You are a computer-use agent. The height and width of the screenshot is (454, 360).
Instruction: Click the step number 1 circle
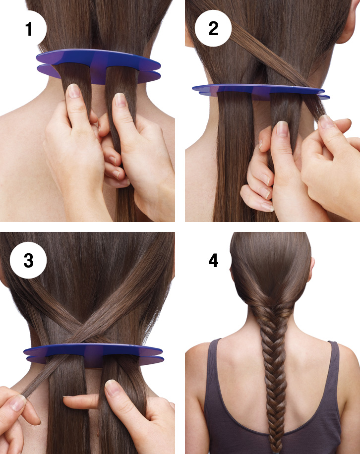click(x=28, y=29)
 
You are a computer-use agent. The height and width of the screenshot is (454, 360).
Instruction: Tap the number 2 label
click(x=213, y=29)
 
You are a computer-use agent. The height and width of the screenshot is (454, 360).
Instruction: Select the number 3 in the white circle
click(x=28, y=260)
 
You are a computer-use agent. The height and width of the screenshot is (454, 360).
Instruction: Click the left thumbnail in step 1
click(x=74, y=91)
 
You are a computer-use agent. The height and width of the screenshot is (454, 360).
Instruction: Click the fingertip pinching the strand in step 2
click(x=327, y=122)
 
